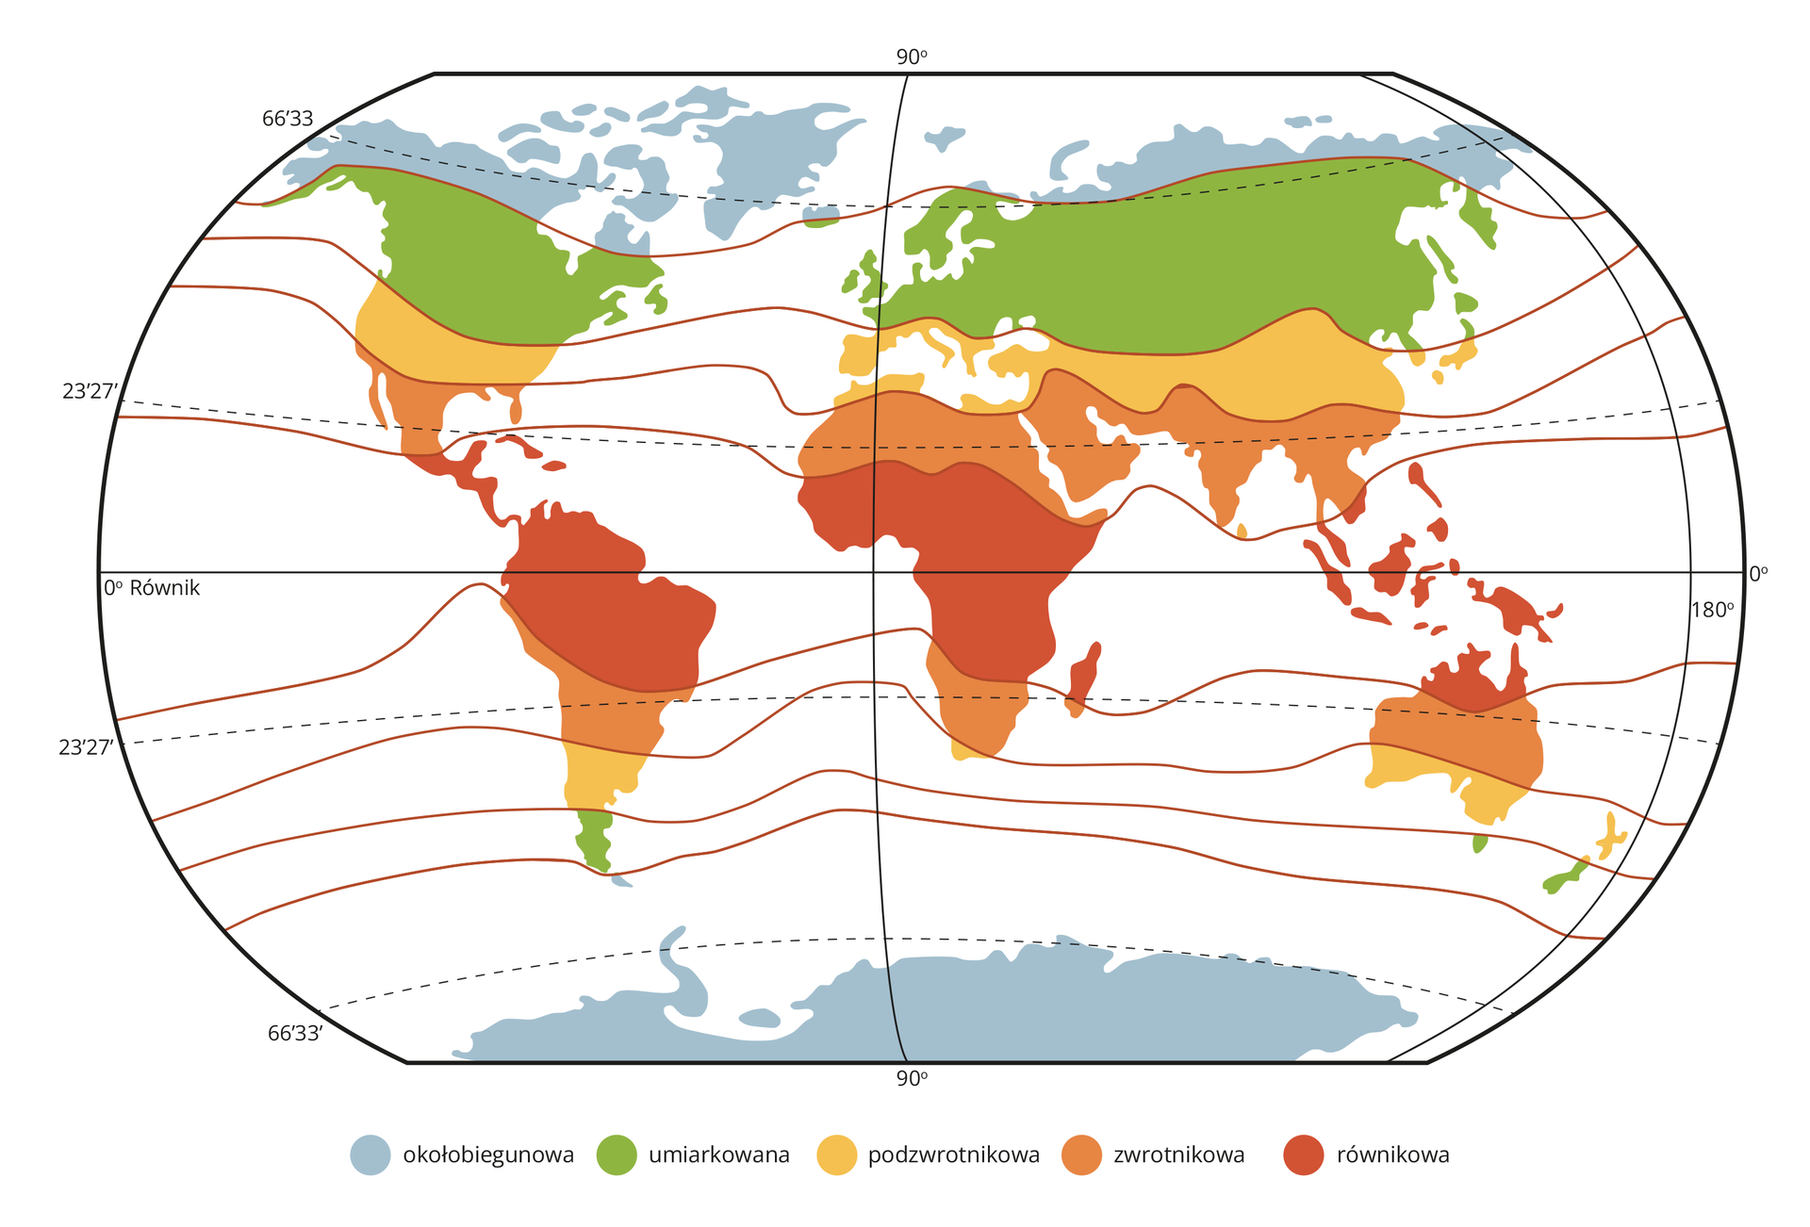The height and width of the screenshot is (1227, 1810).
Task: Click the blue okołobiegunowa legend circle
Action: (370, 1155)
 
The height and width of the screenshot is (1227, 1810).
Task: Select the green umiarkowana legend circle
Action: (617, 1155)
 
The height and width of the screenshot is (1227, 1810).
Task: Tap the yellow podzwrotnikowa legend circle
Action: (836, 1155)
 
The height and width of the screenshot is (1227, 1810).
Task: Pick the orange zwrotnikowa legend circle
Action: (1081, 1155)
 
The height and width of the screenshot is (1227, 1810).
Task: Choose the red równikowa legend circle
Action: (1304, 1155)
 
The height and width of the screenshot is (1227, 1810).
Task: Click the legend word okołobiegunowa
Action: (488, 1155)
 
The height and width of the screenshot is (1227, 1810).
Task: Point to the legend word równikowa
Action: (1392, 1155)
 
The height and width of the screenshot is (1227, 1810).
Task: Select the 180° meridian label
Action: (1712, 610)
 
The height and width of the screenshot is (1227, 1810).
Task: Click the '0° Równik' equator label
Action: (152, 588)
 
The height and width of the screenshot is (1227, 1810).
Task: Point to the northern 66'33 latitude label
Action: (288, 120)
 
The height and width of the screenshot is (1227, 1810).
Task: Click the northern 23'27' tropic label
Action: (88, 392)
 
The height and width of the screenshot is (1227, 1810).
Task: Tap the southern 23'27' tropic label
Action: (86, 748)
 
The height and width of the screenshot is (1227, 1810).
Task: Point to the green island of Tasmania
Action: (1480, 843)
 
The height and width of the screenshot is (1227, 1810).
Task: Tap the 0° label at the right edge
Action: (1758, 574)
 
